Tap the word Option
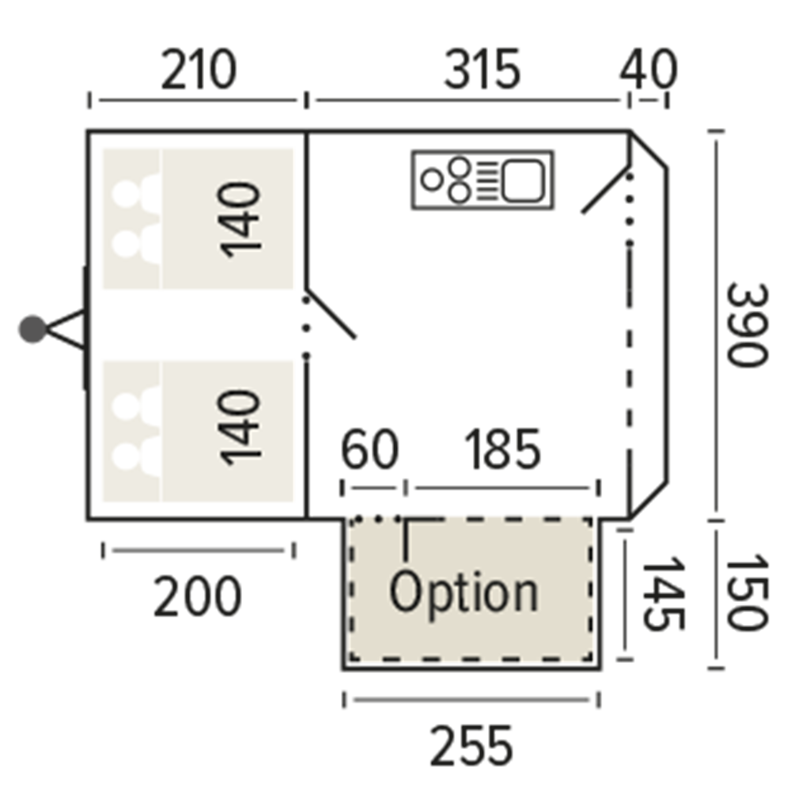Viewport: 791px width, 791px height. (x=464, y=593)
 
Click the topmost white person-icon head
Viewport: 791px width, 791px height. (x=126, y=194)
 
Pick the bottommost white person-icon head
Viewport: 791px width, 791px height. (x=126, y=456)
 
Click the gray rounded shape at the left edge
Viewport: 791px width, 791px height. (x=32, y=328)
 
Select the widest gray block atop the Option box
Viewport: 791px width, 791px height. (x=423, y=512)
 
